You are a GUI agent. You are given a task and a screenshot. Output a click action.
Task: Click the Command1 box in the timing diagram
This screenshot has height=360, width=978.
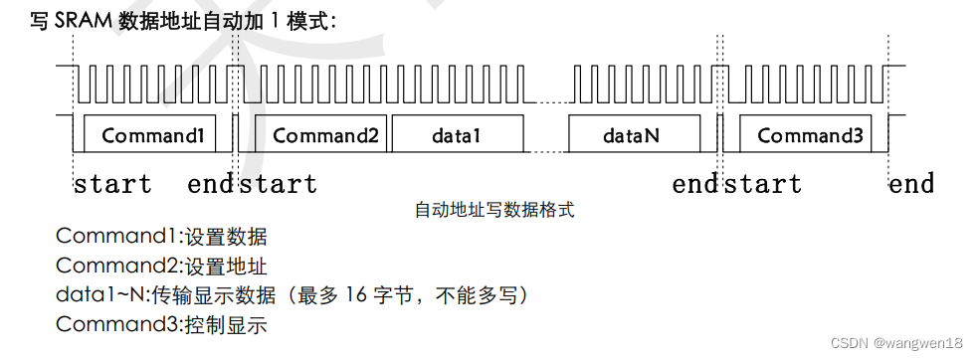152,135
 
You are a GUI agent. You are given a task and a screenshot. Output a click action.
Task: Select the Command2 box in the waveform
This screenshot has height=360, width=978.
325,135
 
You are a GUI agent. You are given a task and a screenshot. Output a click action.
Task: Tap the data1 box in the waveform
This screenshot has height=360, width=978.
456,135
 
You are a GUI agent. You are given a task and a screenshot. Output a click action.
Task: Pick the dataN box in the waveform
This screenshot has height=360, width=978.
631,135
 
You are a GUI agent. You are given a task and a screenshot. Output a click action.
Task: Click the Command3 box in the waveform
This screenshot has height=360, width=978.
809,135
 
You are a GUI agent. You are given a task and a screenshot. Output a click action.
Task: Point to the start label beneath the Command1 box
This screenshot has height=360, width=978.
112,184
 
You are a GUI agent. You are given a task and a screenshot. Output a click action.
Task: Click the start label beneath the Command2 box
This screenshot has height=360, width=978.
279,184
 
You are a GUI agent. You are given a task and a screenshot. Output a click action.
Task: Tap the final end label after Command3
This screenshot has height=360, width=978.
911,184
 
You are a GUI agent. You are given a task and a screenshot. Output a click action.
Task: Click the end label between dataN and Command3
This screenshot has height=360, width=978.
694,184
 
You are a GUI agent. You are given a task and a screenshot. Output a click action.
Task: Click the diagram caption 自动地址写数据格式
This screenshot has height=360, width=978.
494,210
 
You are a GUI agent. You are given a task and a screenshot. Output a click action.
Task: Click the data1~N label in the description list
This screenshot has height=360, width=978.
100,295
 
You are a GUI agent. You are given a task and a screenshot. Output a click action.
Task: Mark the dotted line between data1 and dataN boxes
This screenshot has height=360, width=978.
546,150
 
